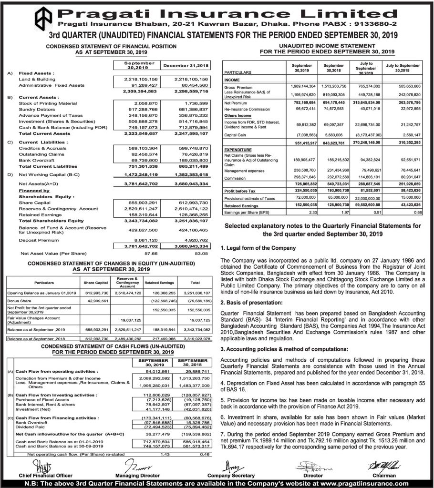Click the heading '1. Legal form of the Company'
(258, 248)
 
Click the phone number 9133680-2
(375, 23)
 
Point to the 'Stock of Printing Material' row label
(48, 103)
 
